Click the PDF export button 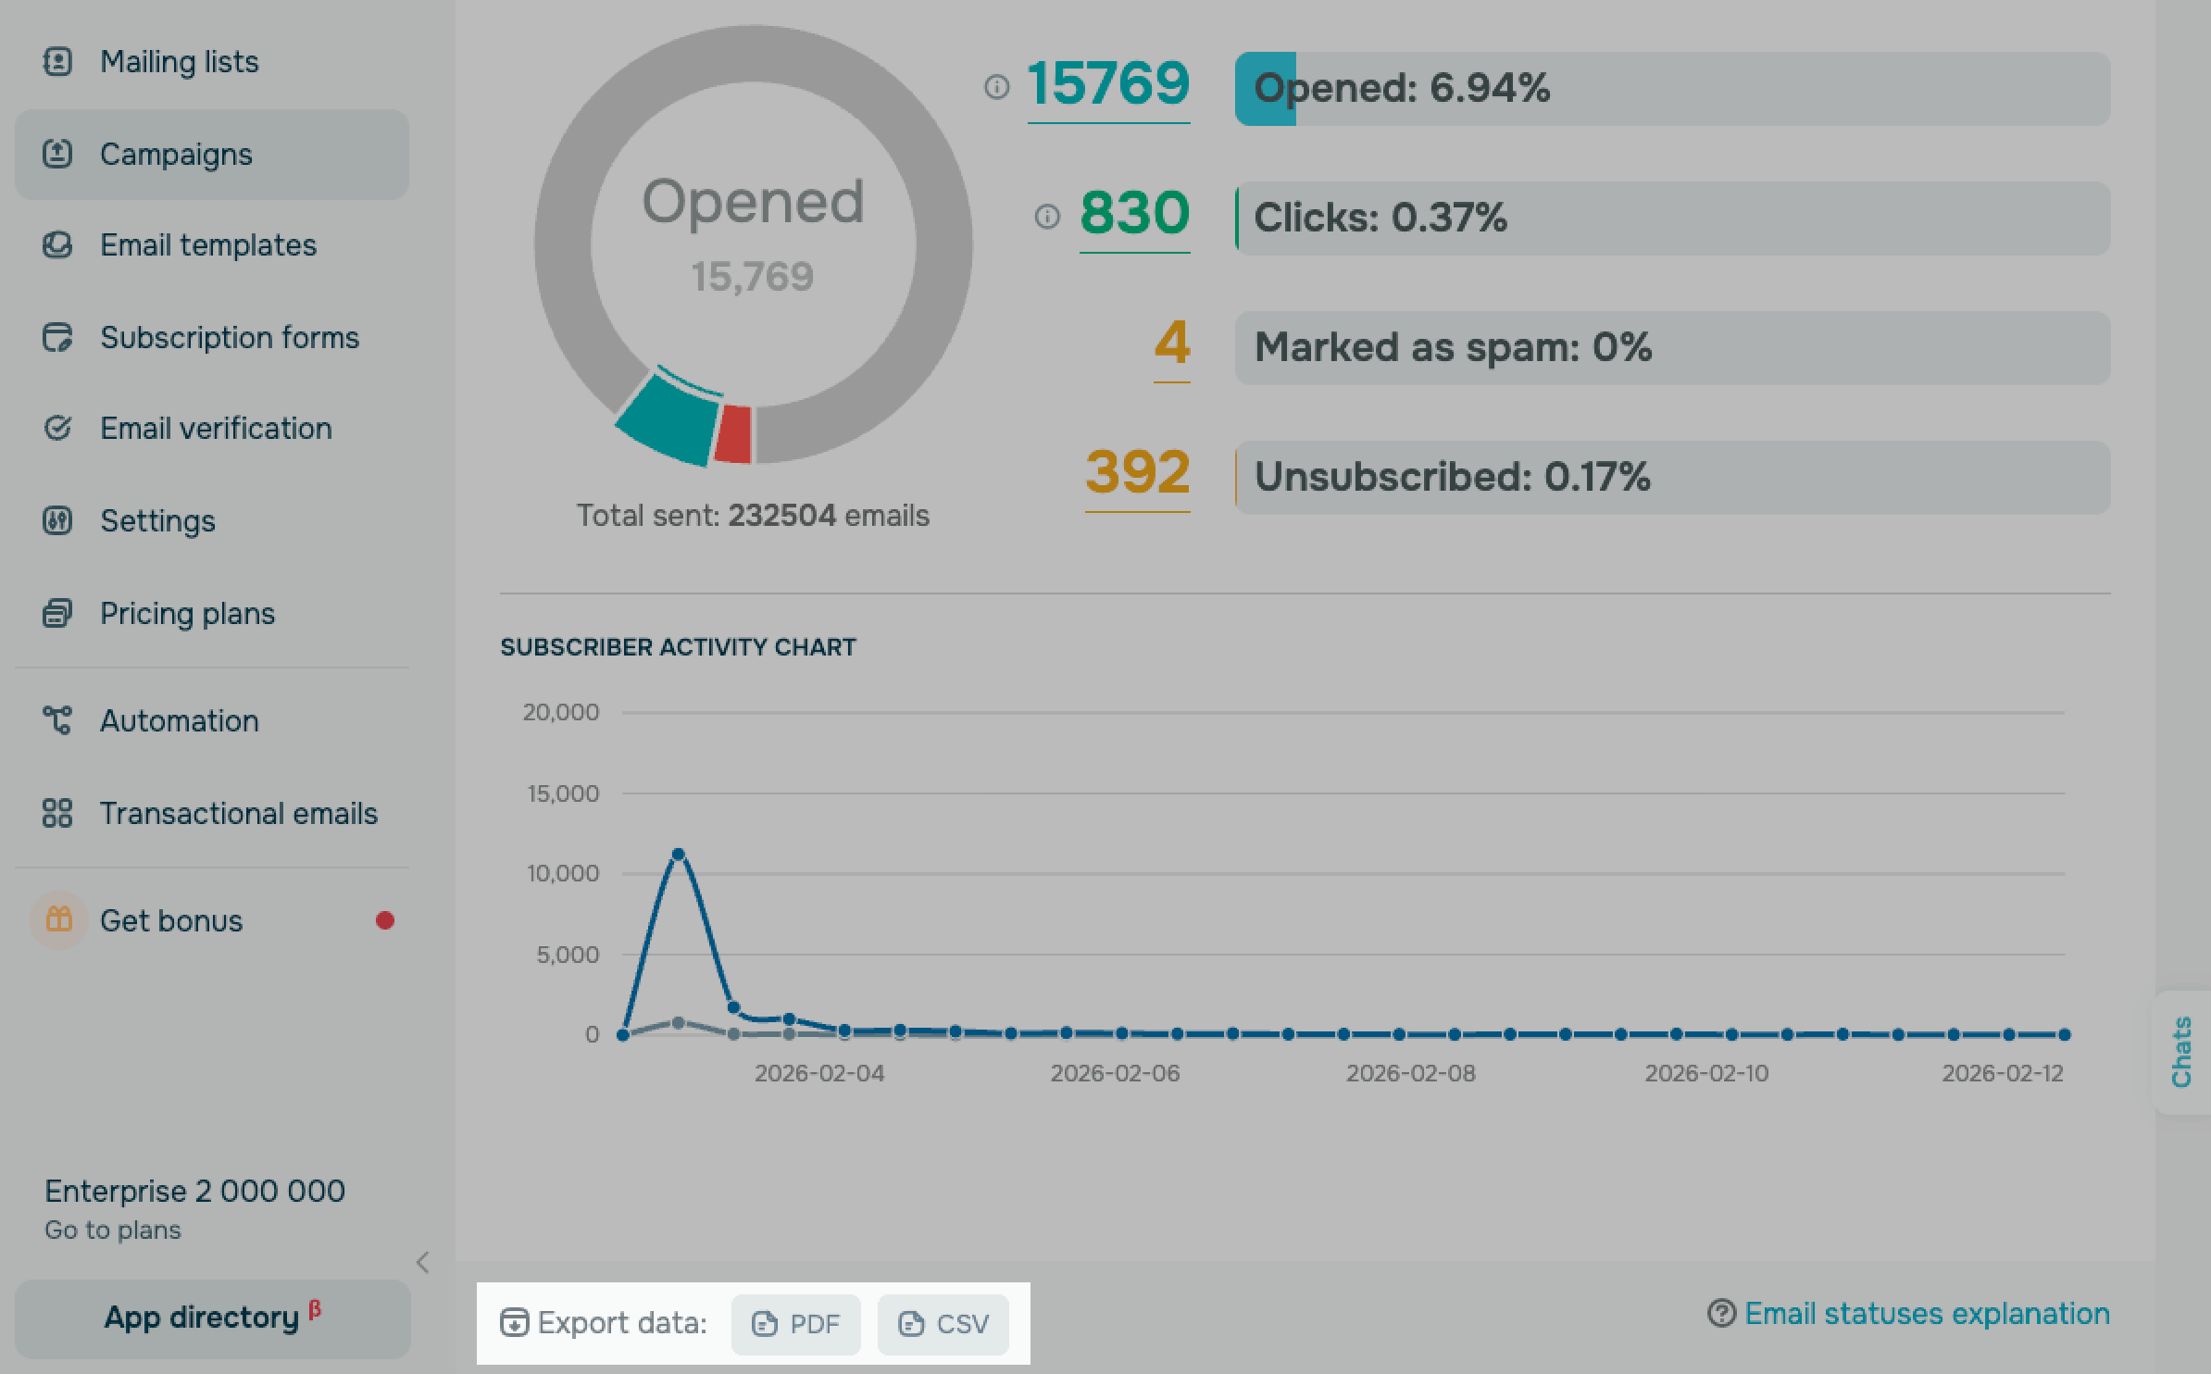point(795,1324)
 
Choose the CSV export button point(943,1324)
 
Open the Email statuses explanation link point(1926,1314)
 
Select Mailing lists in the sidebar point(179,62)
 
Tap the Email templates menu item point(207,245)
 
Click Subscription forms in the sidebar point(229,338)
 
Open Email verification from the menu point(216,429)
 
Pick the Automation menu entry point(179,721)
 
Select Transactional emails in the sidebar point(238,814)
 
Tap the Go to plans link point(113,1230)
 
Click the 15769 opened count point(1108,84)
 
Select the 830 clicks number point(1134,214)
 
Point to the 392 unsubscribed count point(1137,473)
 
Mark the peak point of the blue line point(678,854)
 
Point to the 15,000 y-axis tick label point(563,793)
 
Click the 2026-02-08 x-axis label point(1410,1073)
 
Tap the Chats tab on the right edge point(2182,1051)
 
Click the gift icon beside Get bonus point(59,920)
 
